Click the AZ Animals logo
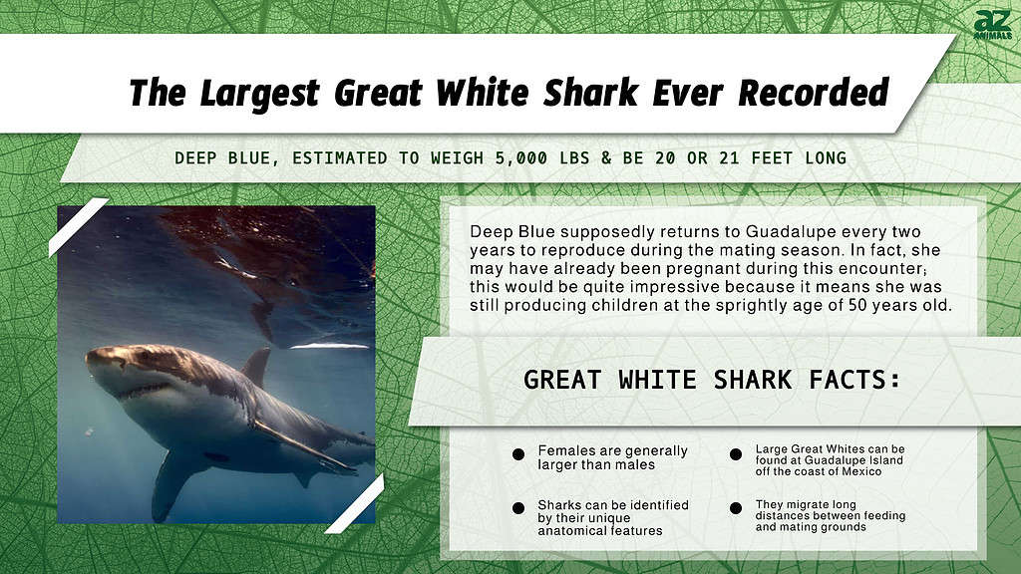click(x=993, y=25)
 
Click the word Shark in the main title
click(x=590, y=93)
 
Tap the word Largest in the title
click(x=259, y=94)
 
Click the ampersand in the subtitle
click(x=606, y=158)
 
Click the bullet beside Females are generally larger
click(x=518, y=454)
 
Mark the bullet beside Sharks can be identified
click(x=518, y=508)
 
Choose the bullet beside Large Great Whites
click(x=736, y=454)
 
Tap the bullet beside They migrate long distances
click(x=736, y=508)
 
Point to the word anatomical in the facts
click(x=567, y=531)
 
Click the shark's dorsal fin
click(x=256, y=366)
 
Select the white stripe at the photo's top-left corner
click(x=78, y=227)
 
